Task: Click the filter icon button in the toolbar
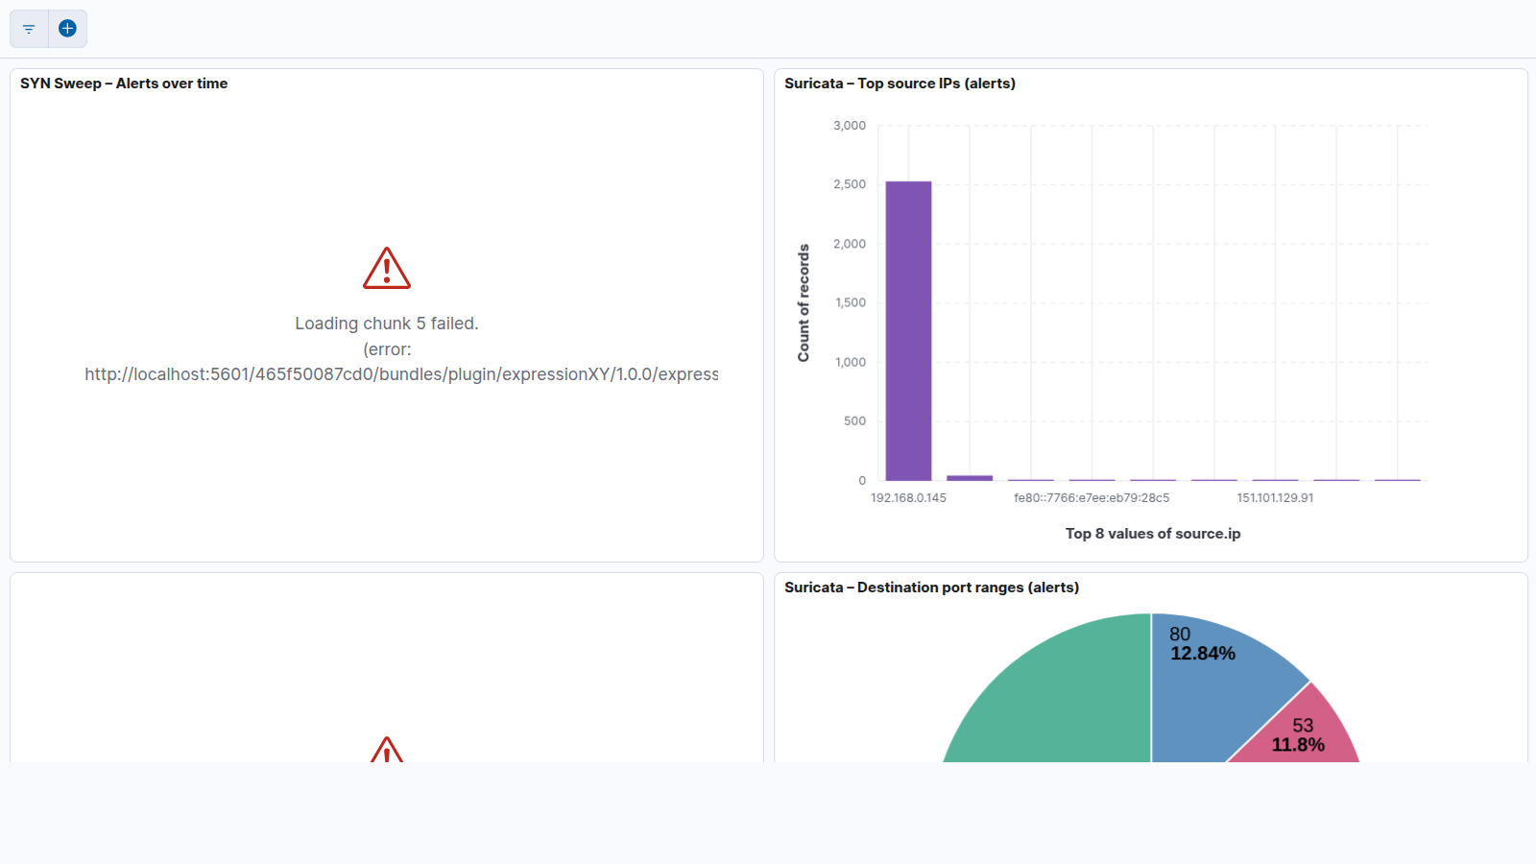click(29, 29)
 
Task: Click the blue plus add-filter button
click(67, 28)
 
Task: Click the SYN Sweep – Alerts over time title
click(124, 83)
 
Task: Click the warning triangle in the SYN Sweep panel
click(387, 268)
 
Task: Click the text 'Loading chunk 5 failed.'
click(387, 323)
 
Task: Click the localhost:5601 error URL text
click(402, 374)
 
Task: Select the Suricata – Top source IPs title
click(900, 83)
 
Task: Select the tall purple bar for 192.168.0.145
click(908, 330)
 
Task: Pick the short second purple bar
click(970, 477)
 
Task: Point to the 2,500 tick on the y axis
click(850, 184)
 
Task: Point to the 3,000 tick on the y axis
click(850, 126)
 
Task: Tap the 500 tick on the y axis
click(854, 421)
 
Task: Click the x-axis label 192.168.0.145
click(908, 498)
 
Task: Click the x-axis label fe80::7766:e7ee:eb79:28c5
click(1092, 498)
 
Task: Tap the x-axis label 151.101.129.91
click(1276, 498)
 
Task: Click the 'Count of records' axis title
click(804, 302)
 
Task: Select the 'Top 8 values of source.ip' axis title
click(1153, 534)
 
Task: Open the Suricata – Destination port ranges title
click(932, 587)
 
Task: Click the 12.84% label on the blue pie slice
click(1203, 654)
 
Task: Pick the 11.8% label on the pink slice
click(1298, 745)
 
